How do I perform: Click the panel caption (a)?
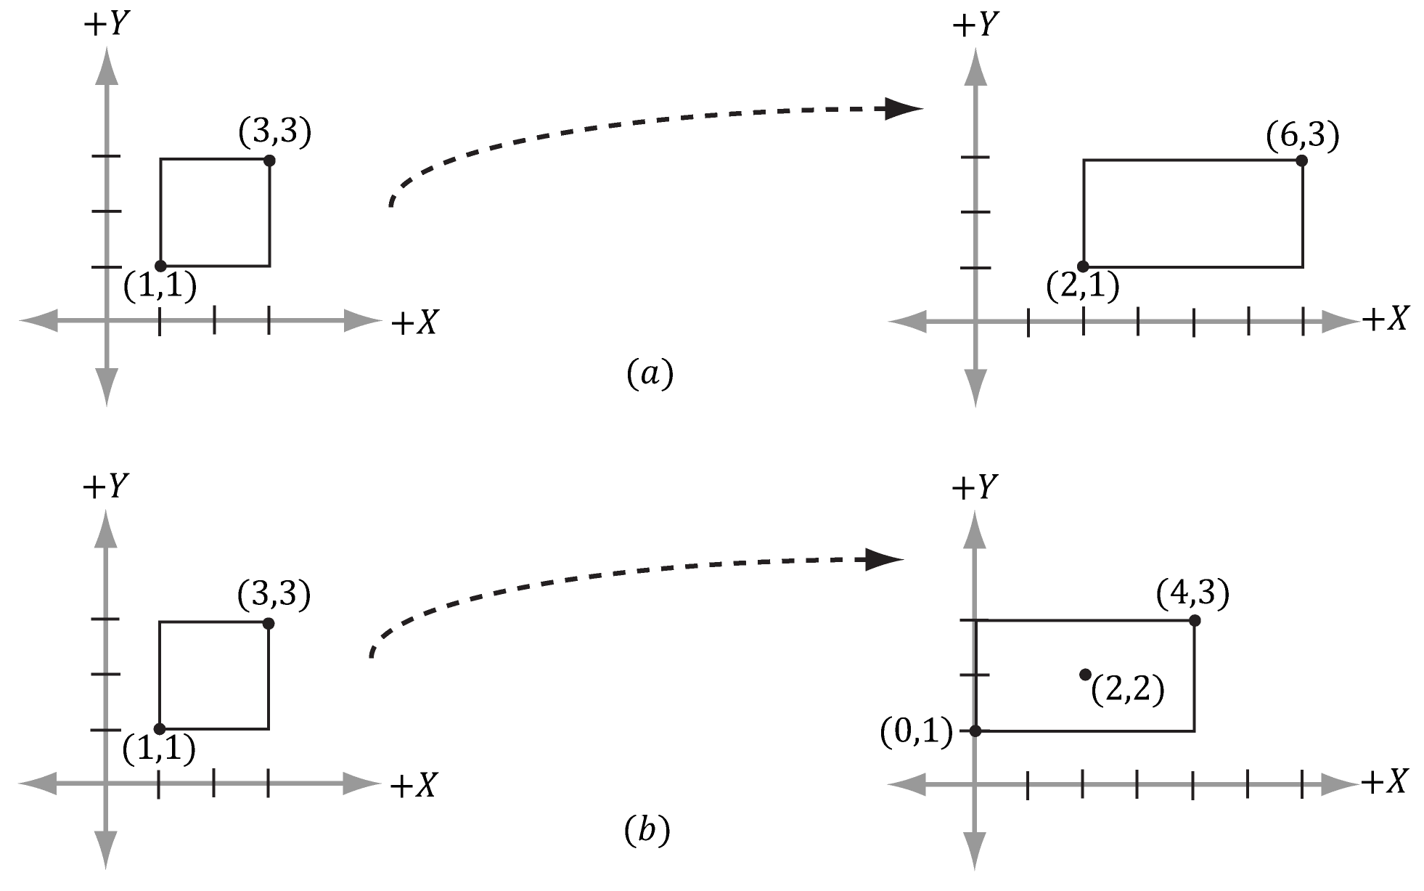coord(650,374)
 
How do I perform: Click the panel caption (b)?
coord(647,831)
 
